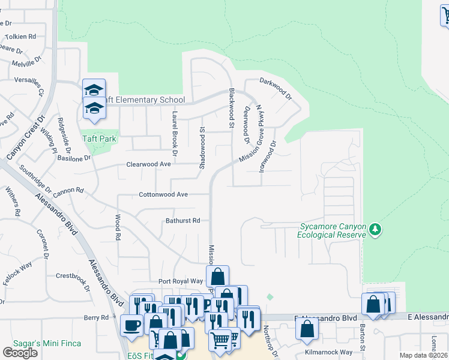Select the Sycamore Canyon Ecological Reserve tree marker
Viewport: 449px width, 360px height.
[x=375, y=230]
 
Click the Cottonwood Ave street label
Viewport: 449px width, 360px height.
[x=164, y=194]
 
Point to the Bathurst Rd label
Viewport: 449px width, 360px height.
[x=182, y=221]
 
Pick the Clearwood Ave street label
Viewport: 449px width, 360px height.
[x=148, y=164]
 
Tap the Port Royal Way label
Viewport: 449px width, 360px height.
[x=181, y=281]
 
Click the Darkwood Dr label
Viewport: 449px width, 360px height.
[x=275, y=88]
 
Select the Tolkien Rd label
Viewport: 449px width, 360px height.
[x=17, y=37]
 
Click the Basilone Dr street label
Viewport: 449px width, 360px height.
[x=74, y=158]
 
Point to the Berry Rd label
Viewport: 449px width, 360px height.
[x=96, y=317]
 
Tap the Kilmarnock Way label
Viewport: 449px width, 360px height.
[x=329, y=352]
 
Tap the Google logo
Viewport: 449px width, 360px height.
[x=20, y=353]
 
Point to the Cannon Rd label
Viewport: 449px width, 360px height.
[x=68, y=191]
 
